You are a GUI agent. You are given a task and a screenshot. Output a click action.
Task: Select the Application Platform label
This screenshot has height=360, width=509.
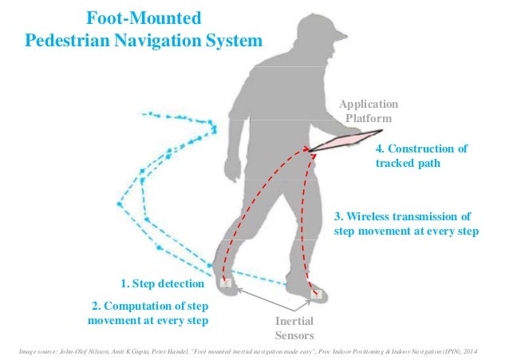click(367, 112)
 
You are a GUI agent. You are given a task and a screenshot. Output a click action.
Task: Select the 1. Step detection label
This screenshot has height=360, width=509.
click(162, 283)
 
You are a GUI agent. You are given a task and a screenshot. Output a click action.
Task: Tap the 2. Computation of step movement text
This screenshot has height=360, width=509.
click(148, 313)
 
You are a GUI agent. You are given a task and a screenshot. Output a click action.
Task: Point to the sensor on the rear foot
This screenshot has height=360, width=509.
click(226, 283)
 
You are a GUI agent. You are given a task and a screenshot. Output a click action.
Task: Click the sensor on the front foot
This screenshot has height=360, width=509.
click(317, 293)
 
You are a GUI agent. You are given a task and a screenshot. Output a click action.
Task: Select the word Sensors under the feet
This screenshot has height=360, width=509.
click(294, 336)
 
